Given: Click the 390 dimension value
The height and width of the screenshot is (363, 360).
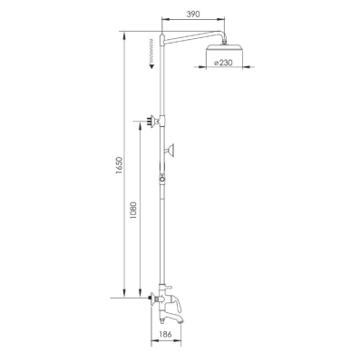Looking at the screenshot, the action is (x=193, y=14).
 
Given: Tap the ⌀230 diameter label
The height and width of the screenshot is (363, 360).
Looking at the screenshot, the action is (x=223, y=63).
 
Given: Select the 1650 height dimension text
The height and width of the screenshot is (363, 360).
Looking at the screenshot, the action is (x=119, y=165).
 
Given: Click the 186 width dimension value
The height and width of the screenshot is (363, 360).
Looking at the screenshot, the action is (x=165, y=334).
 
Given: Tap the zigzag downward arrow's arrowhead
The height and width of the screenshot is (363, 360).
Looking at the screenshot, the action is (x=152, y=65).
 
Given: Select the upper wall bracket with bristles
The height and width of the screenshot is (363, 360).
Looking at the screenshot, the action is (x=153, y=120).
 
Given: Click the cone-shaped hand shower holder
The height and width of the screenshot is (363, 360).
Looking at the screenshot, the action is (x=170, y=150).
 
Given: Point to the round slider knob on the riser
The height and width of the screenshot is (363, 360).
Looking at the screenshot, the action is (x=162, y=179).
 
